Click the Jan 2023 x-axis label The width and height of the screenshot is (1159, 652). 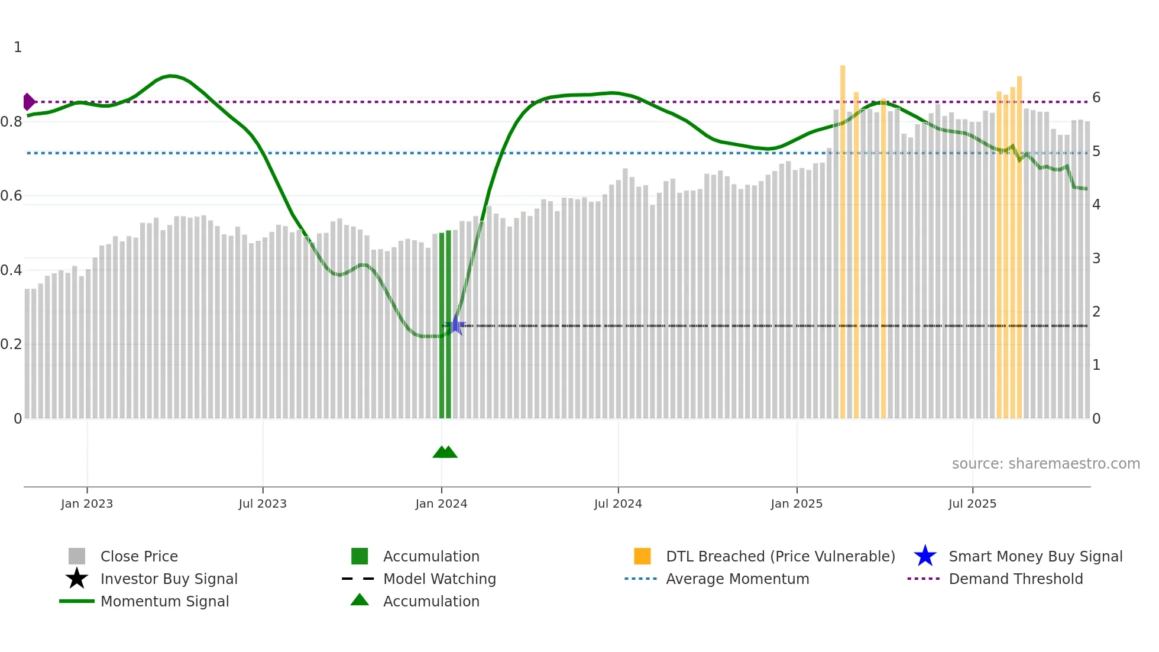86,503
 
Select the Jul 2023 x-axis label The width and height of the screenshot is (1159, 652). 263,503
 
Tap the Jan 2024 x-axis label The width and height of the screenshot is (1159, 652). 441,503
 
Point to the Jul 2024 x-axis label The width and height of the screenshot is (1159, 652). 618,503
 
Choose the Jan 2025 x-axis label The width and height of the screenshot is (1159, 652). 797,503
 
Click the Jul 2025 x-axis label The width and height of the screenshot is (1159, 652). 972,503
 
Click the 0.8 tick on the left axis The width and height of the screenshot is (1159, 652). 12,122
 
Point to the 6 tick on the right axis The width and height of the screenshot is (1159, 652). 1096,98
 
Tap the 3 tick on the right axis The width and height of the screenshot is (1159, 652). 1096,259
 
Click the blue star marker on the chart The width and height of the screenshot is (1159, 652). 455,325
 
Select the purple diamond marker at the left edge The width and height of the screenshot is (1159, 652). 28,102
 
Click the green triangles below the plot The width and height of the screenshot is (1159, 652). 445,452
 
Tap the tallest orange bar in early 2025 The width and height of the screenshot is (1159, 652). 843,237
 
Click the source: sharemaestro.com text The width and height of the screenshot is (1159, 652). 1045,464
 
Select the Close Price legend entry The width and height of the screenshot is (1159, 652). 139,556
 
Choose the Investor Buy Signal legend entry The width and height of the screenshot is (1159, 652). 169,579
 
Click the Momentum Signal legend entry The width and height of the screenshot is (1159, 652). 164,601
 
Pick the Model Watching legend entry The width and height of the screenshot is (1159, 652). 439,579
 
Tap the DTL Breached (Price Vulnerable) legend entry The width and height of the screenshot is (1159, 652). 780,556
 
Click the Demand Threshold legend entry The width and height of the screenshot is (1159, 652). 1015,579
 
